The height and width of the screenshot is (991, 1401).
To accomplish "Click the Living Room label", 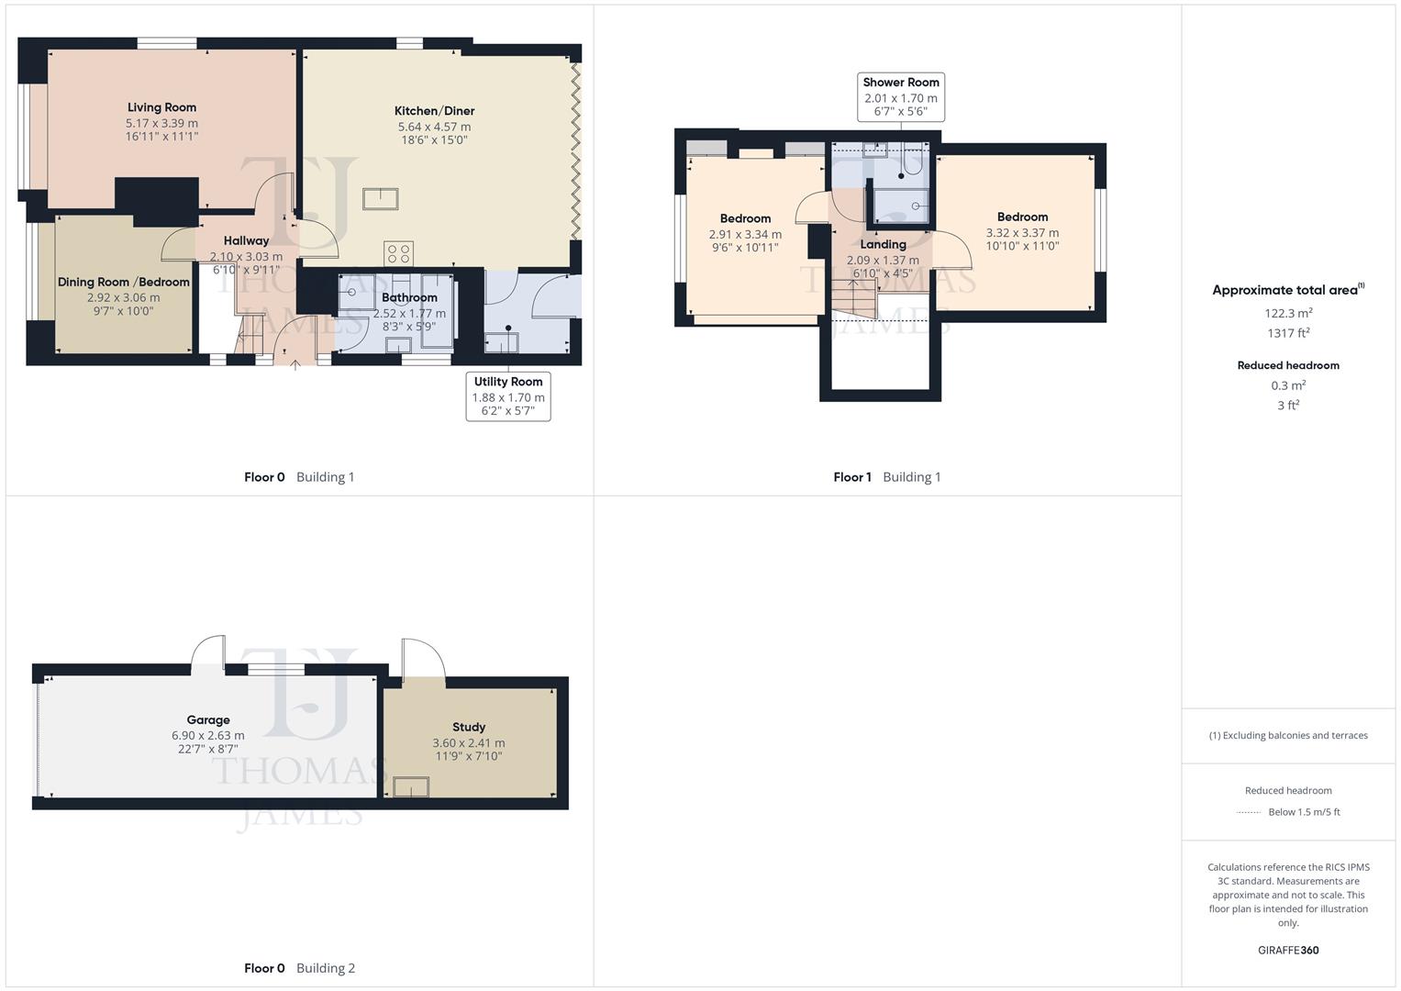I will tap(161, 107).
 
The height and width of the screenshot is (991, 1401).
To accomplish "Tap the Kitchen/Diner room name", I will tap(434, 111).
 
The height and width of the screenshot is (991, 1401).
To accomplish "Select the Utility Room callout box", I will tap(508, 396).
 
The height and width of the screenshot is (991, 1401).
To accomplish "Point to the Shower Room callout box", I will tap(900, 96).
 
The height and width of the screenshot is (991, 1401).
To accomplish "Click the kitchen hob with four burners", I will tap(398, 253).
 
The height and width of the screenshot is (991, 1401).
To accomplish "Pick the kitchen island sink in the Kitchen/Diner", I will tap(380, 198).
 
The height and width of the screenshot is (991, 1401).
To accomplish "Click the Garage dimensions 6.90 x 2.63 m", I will tap(208, 735).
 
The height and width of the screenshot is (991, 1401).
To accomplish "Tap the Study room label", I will tap(469, 727).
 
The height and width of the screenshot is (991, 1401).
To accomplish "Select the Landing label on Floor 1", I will tap(883, 244).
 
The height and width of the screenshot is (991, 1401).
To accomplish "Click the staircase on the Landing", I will tap(854, 299).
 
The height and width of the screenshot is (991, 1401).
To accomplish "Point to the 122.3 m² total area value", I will tap(1288, 313).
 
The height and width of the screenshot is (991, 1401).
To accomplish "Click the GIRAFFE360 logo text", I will tap(1288, 950).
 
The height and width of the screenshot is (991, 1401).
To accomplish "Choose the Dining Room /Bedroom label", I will tap(124, 282).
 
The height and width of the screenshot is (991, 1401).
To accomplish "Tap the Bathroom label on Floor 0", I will tap(409, 297).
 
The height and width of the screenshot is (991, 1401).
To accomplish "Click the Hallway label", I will tap(246, 240).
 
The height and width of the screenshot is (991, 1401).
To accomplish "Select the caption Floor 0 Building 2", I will tap(299, 968).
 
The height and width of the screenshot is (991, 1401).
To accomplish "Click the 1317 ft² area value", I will tap(1288, 333).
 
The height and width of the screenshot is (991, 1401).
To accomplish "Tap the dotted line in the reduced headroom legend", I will tap(1249, 812).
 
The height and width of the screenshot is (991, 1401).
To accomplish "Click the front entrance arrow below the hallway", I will tap(295, 366).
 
